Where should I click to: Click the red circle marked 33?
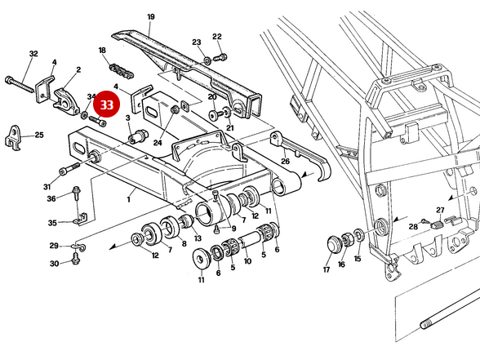click(106, 104)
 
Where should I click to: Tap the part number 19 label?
click(151, 17)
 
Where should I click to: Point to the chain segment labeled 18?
click(122, 71)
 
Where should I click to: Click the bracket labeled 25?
click(14, 138)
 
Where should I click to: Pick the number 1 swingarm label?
click(129, 199)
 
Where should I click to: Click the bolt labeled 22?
click(220, 57)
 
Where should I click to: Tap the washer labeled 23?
click(207, 60)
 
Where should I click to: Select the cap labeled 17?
click(335, 244)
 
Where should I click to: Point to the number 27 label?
click(440, 211)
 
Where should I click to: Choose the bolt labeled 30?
click(75, 260)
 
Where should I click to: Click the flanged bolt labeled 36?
click(76, 193)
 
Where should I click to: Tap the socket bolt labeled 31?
click(69, 169)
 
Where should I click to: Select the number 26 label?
click(286, 161)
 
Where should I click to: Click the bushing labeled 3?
click(137, 136)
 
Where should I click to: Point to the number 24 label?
click(158, 143)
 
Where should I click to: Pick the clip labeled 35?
click(81, 218)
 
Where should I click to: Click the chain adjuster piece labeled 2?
click(66, 101)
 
